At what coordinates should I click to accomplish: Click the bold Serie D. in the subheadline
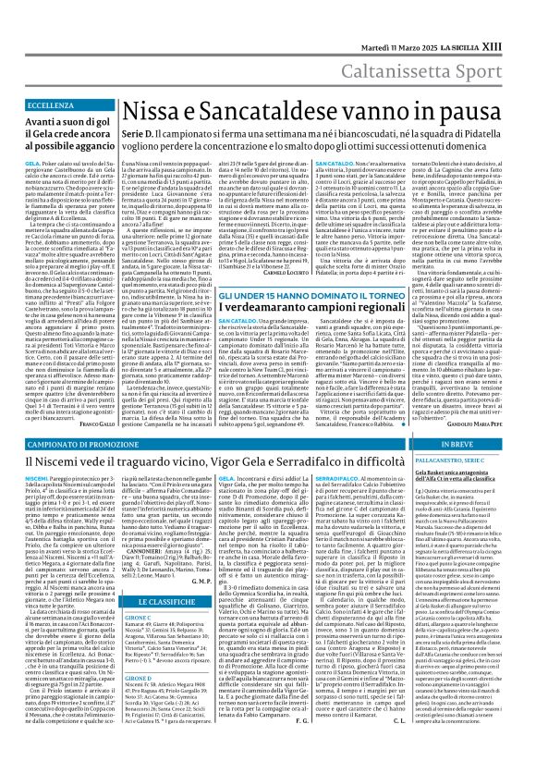(x=139, y=109)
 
